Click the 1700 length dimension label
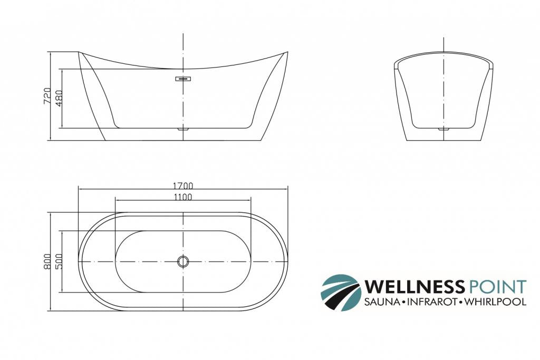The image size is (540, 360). (x=182, y=186)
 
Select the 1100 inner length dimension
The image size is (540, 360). (x=182, y=197)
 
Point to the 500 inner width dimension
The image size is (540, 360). (x=59, y=261)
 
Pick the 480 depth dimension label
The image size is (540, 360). (x=59, y=99)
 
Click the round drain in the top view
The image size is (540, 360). (x=183, y=261)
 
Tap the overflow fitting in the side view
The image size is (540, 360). (x=183, y=79)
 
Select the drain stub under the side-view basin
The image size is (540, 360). (x=183, y=128)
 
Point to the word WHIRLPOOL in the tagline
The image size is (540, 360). (x=496, y=302)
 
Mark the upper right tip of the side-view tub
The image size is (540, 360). (x=287, y=52)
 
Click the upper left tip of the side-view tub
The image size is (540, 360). (x=79, y=52)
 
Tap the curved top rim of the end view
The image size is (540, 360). (x=444, y=52)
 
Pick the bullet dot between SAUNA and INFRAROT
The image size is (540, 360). (x=403, y=302)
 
